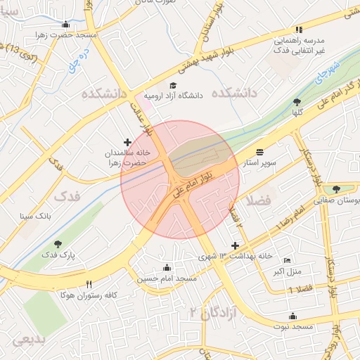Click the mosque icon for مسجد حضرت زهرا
pos(65,25)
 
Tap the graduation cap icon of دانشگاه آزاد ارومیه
pos(172,85)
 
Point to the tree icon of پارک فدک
pos(58,243)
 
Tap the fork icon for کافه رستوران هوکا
pos(89,284)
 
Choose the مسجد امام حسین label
pos(167,278)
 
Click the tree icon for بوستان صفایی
pos(336,188)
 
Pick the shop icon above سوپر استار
pos(261,152)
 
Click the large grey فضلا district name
pos(259,201)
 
